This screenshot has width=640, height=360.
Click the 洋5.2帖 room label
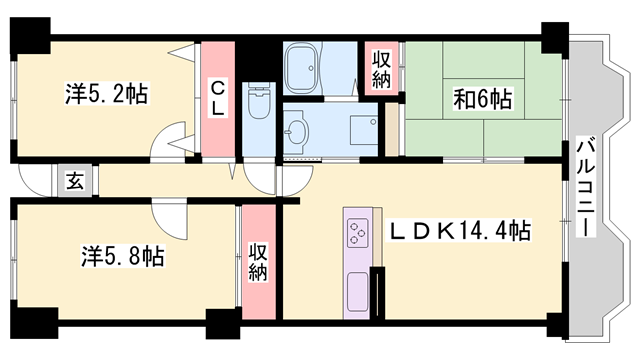point(107,93)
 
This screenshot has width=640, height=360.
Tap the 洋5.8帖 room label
point(122,256)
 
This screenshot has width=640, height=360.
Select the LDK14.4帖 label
point(459,230)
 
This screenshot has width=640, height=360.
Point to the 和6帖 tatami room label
point(483,99)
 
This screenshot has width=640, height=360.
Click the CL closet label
point(218,98)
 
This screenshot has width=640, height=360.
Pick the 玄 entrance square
point(76,180)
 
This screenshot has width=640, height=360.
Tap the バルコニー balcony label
point(586,187)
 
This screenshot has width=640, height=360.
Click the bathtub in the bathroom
point(301,68)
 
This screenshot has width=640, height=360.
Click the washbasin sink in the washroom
point(296,131)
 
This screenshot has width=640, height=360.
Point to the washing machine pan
point(364,130)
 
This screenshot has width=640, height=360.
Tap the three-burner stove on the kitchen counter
point(358,233)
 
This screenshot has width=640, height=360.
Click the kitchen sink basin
point(358,292)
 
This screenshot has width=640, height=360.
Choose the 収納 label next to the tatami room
point(382,69)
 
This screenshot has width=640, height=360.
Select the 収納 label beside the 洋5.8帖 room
point(258,262)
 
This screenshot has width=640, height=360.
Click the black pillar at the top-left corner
point(30,36)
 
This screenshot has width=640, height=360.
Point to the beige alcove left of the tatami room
point(392,129)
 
